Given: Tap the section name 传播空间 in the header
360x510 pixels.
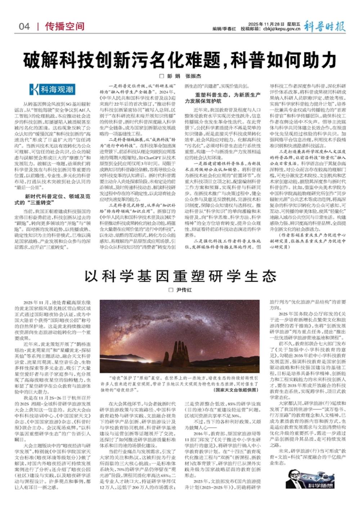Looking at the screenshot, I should tap(65, 26).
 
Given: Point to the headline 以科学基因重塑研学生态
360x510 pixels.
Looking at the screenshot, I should tap(180, 276).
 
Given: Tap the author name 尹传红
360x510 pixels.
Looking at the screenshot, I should tap(184, 290).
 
